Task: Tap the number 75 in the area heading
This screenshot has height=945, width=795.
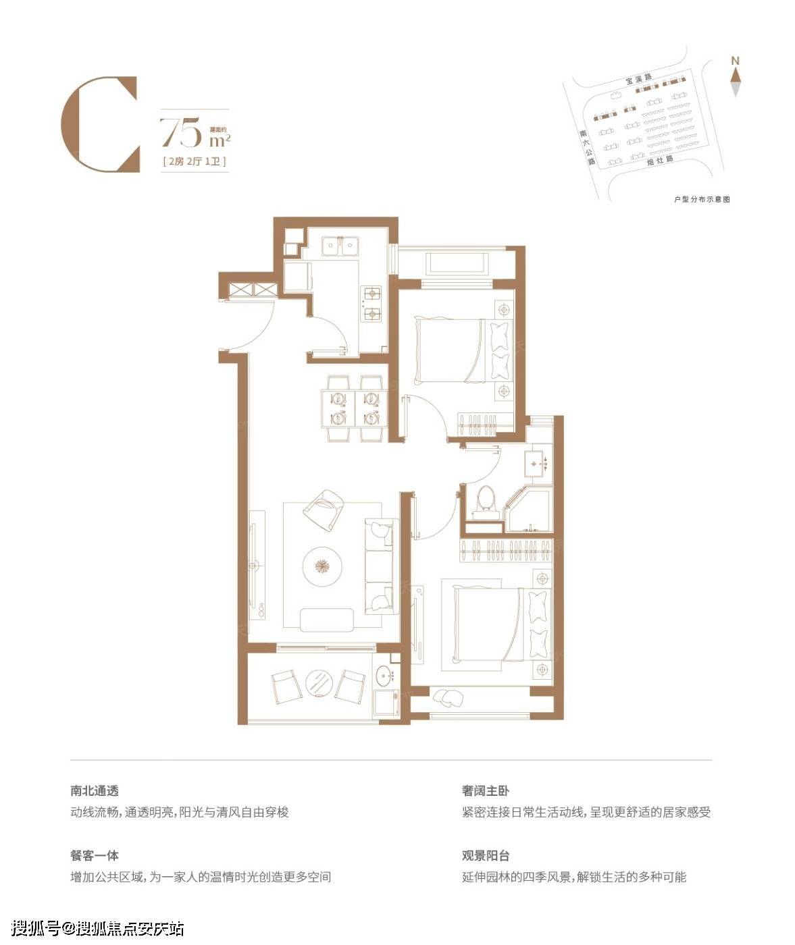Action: pyautogui.click(x=180, y=132)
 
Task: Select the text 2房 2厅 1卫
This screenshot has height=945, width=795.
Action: pyautogui.click(x=194, y=162)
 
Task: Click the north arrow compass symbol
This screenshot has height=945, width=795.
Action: pyautogui.click(x=736, y=81)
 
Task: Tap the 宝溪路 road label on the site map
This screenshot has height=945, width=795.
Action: pyautogui.click(x=639, y=80)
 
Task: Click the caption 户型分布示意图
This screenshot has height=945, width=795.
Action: pyautogui.click(x=702, y=200)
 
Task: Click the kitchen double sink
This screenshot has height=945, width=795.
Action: pyautogui.click(x=339, y=246)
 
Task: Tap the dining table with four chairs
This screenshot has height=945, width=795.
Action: pyautogui.click(x=355, y=408)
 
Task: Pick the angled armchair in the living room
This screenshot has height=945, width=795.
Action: pyautogui.click(x=322, y=509)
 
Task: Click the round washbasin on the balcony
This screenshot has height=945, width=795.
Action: pyautogui.click(x=386, y=674)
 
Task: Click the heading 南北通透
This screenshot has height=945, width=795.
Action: pyautogui.click(x=95, y=790)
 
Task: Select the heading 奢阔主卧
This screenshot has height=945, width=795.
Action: pyautogui.click(x=486, y=790)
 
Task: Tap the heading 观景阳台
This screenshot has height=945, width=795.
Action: pyautogui.click(x=486, y=855)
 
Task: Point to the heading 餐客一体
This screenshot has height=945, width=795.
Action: pyautogui.click(x=95, y=855)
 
